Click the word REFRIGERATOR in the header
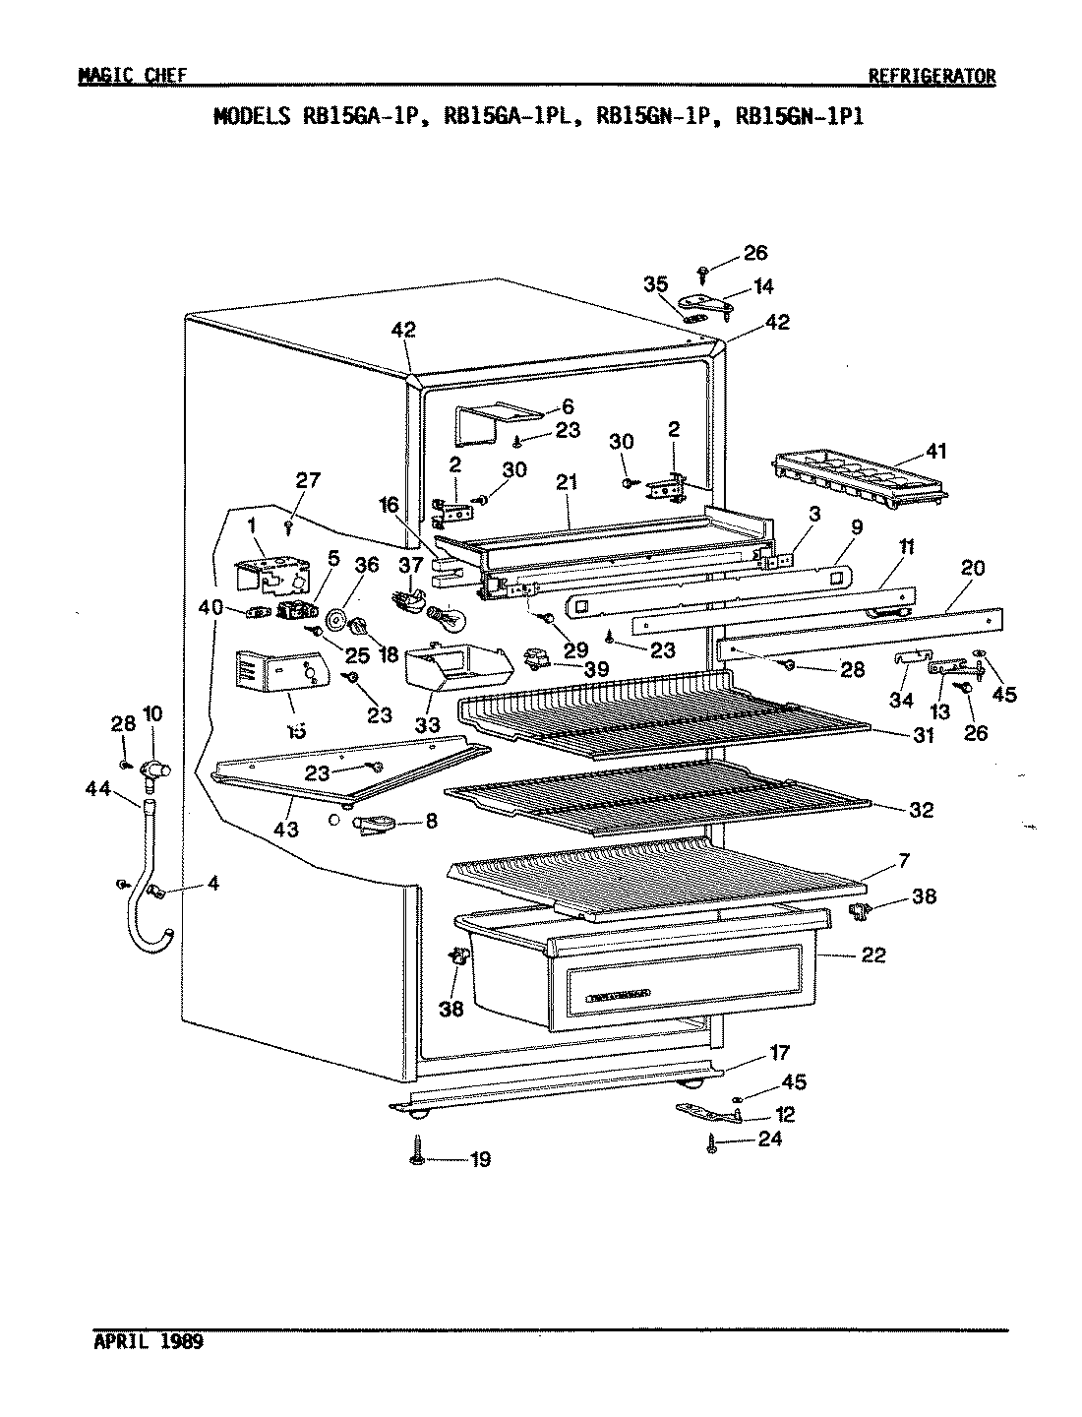pyautogui.click(x=932, y=77)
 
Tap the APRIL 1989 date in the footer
pyautogui.click(x=150, y=1342)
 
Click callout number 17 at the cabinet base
pyautogui.click(x=778, y=1052)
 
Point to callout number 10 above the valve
pyautogui.click(x=152, y=710)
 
